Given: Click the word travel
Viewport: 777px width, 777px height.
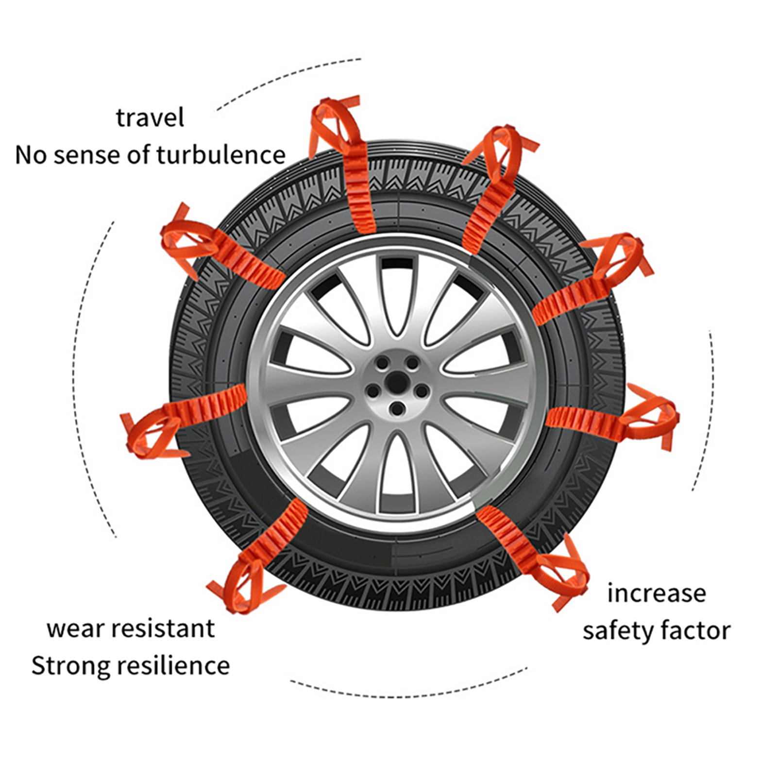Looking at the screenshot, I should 150,118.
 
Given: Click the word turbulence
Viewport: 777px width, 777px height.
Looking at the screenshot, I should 221,155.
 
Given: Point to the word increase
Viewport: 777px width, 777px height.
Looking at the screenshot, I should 657,593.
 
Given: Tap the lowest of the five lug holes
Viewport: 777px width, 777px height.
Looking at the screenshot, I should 397,409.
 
